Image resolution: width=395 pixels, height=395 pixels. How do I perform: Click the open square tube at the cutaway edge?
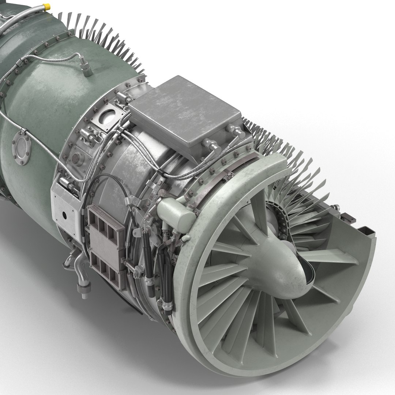(x=366, y=232)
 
